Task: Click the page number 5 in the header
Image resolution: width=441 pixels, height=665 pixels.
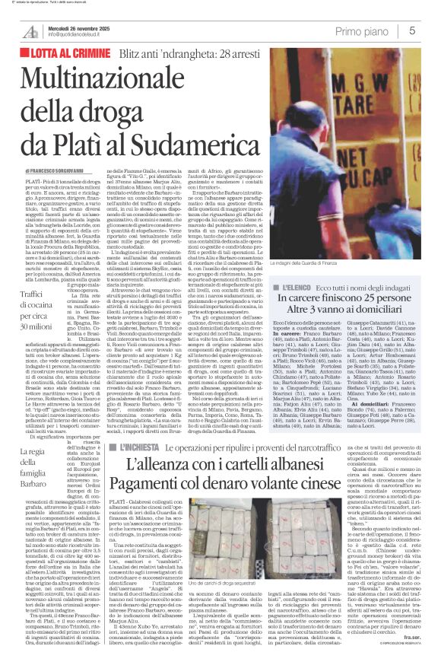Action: (x=411, y=30)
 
